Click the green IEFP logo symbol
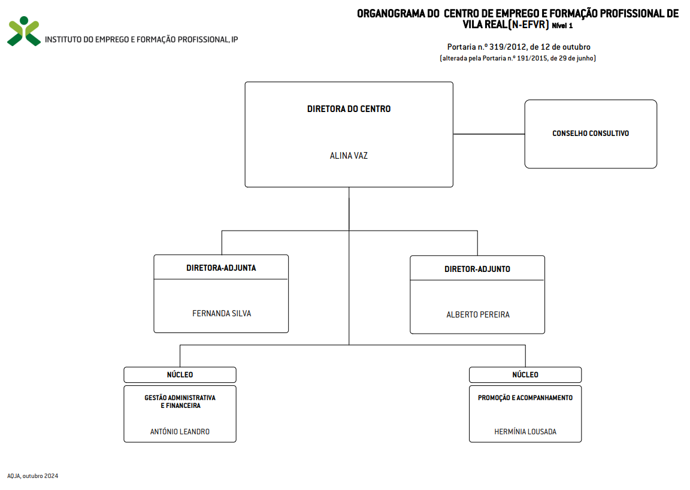click(24, 31)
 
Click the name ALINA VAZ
click(349, 156)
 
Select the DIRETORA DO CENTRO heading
click(349, 109)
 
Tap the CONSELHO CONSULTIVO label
click(591, 134)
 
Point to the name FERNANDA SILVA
click(222, 313)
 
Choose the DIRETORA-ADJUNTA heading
click(221, 268)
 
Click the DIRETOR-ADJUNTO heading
click(477, 269)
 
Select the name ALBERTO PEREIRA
click(478, 314)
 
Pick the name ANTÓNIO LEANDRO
click(180, 431)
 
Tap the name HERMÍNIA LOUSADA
click(525, 432)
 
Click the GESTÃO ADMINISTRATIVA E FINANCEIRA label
click(180, 401)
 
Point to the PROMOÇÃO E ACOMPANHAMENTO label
click(525, 398)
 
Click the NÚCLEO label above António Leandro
click(180, 374)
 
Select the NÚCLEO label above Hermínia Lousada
click(525, 374)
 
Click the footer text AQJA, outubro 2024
click(32, 476)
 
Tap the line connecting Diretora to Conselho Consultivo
click(489, 134)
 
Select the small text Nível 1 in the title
click(562, 26)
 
